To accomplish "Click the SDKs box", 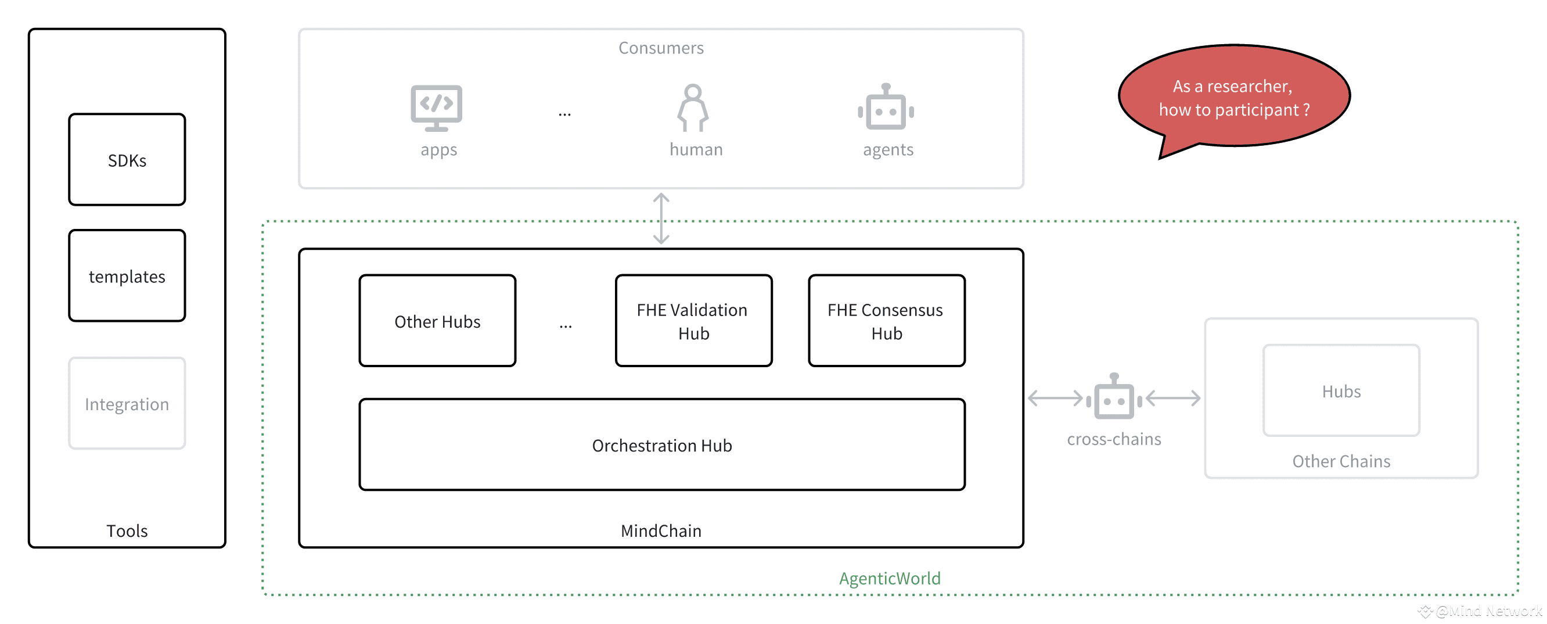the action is click(x=127, y=160).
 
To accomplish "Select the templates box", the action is click(x=127, y=275).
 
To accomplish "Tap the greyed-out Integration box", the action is click(x=127, y=404).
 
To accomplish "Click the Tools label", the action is click(x=127, y=531).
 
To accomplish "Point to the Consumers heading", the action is click(x=661, y=48).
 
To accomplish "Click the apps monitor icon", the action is click(x=437, y=108).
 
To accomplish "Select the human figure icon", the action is click(x=693, y=107).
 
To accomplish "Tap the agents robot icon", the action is click(x=886, y=107).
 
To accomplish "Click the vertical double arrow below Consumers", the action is click(x=661, y=218).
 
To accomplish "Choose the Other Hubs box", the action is click(x=437, y=321).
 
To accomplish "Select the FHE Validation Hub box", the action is click(x=693, y=321).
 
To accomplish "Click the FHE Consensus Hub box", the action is click(x=886, y=321).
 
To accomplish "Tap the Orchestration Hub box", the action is click(x=662, y=444).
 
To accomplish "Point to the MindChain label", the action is click(x=661, y=531).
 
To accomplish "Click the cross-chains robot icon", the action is click(x=1114, y=396).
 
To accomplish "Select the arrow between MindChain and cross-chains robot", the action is click(x=1055, y=398).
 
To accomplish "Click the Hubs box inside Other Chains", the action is click(x=1341, y=390).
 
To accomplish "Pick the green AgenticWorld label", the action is click(x=890, y=578).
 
